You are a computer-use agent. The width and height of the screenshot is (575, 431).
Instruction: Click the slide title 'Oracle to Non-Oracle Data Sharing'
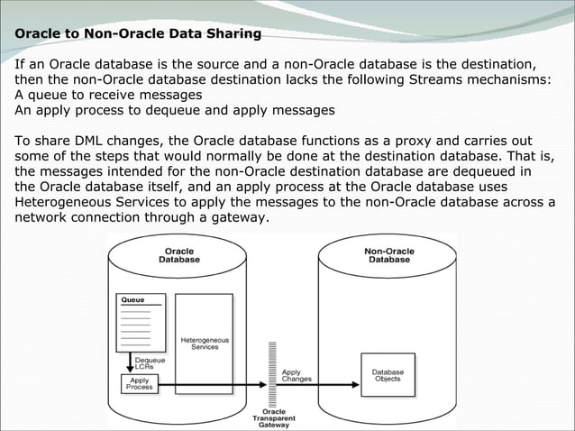click(138, 34)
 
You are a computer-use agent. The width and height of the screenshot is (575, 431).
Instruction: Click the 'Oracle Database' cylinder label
click(179, 254)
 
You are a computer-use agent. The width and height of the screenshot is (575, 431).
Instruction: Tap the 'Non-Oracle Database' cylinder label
click(388, 254)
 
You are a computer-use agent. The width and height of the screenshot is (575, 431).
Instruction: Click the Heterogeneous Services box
click(205, 343)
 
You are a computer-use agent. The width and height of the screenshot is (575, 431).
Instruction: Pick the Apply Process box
click(139, 383)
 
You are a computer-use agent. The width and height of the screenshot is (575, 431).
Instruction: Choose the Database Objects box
click(388, 374)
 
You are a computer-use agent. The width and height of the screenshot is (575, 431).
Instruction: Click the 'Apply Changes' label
click(297, 375)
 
